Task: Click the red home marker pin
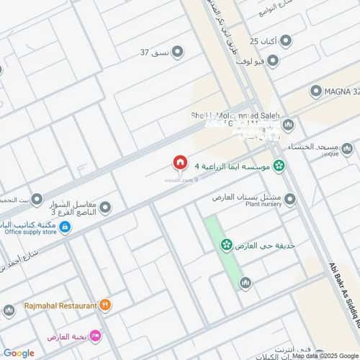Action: tap(179, 163)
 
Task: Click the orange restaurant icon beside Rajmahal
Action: tap(106, 305)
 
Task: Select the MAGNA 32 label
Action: tap(343, 91)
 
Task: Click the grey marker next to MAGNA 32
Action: tap(315, 91)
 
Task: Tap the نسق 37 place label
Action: tap(154, 52)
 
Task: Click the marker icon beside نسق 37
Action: tap(177, 52)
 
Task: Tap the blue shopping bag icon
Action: tap(65, 228)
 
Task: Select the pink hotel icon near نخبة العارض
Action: tap(96, 337)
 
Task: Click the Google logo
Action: tap(19, 353)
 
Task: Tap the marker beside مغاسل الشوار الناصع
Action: tap(105, 208)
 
